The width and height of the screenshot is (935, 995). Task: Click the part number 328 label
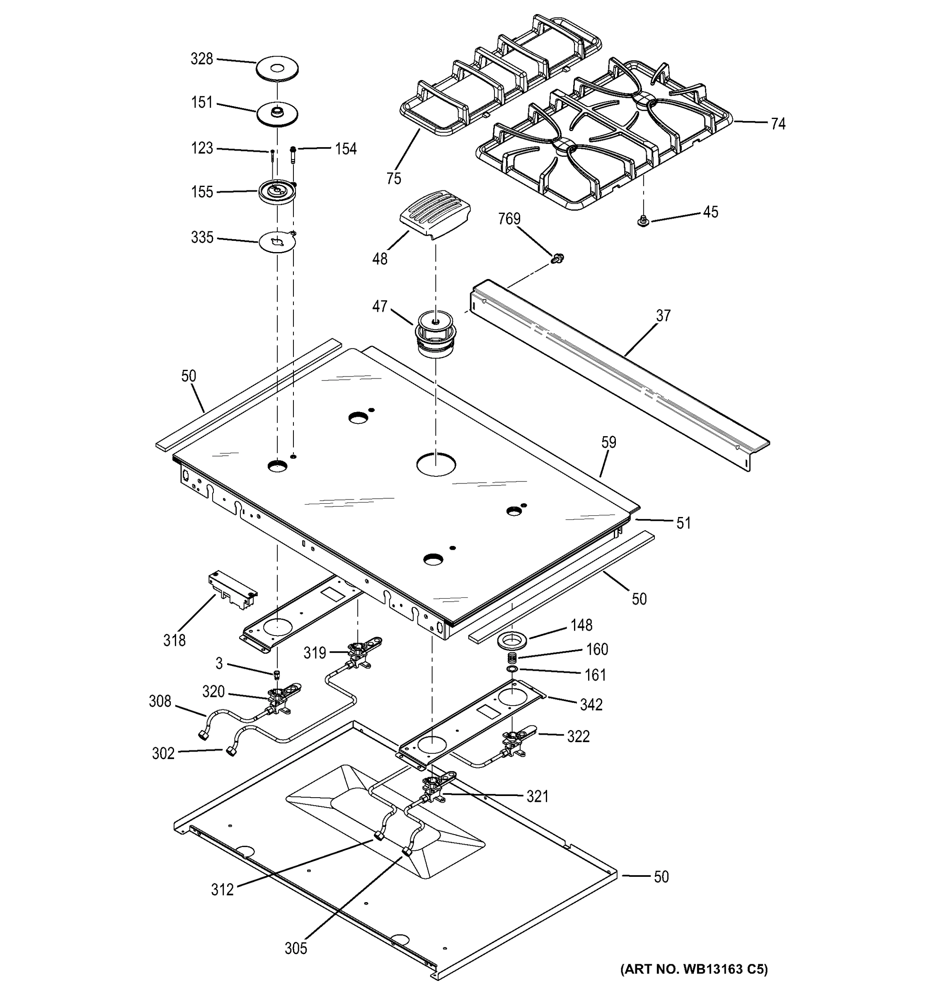(x=201, y=59)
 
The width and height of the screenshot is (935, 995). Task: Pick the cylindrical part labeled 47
(x=435, y=334)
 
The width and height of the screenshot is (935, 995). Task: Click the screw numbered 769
(x=556, y=258)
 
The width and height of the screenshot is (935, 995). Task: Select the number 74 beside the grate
(x=778, y=124)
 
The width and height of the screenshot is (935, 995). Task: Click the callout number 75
(x=394, y=178)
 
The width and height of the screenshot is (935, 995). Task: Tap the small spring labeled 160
(x=512, y=658)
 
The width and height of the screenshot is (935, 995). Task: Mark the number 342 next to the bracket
(x=591, y=705)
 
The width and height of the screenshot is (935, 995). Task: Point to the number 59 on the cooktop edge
(x=608, y=442)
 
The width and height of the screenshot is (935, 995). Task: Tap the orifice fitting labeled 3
(x=277, y=674)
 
